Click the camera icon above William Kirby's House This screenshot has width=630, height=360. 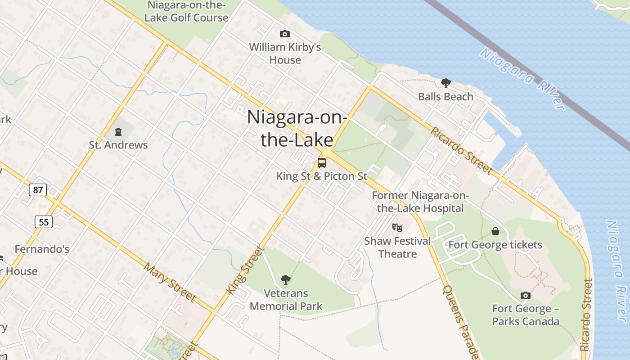[x=284, y=34]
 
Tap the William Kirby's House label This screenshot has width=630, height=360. [x=285, y=53]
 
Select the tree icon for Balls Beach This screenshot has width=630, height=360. [x=445, y=83]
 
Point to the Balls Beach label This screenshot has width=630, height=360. [x=445, y=96]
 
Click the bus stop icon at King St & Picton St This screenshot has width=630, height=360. [x=322, y=163]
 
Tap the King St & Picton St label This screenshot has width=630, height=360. [x=322, y=176]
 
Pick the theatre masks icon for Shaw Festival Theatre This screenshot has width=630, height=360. [x=397, y=228]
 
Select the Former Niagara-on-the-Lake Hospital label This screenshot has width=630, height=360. [x=420, y=202]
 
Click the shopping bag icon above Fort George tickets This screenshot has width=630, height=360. [x=495, y=231]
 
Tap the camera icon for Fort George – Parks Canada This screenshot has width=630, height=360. [x=525, y=295]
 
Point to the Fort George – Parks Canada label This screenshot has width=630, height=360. [x=526, y=315]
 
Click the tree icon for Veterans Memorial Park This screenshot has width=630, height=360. [x=285, y=280]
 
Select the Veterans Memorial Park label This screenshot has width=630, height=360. [x=286, y=300]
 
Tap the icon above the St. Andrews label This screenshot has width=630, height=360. [x=118, y=132]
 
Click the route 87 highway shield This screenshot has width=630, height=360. [x=38, y=190]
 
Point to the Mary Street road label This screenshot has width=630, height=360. [x=170, y=282]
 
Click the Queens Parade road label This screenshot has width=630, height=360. [x=460, y=322]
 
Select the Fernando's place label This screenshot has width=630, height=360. [x=42, y=249]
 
